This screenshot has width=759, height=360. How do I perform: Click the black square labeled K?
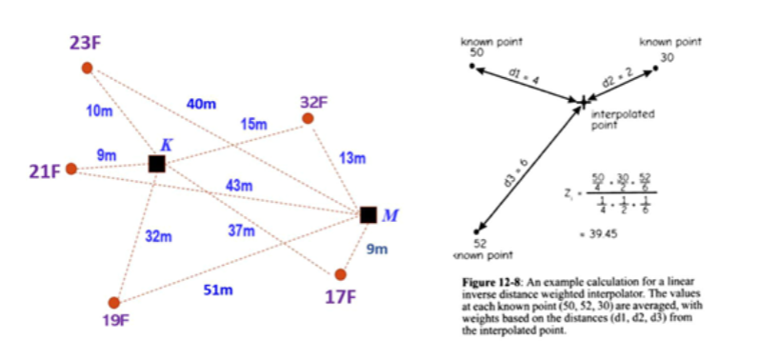point(157,164)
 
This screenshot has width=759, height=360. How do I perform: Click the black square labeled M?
point(369,214)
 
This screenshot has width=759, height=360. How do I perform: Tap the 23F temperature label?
point(85,43)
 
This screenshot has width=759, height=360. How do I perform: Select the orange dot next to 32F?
point(307,119)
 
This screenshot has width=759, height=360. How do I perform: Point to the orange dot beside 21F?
point(70,170)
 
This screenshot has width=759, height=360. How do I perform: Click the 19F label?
point(114,321)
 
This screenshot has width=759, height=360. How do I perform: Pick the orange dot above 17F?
point(340,274)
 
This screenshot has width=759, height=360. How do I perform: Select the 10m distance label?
point(99,111)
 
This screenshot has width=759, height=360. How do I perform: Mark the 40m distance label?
point(197,103)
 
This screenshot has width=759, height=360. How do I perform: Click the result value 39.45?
point(606,233)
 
